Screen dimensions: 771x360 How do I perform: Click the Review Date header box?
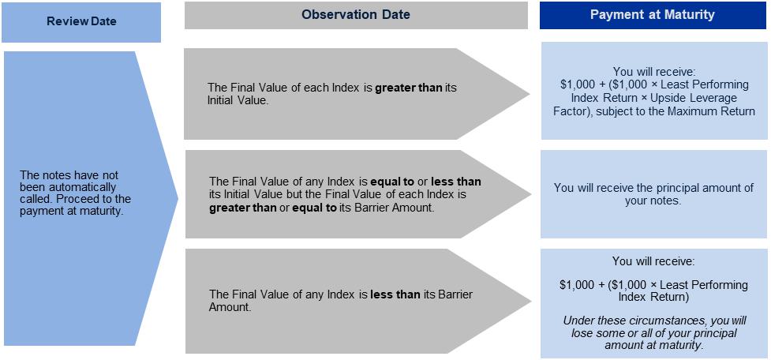(81, 22)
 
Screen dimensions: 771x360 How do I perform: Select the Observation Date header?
(356, 15)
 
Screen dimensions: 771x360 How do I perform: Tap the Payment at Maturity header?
(653, 15)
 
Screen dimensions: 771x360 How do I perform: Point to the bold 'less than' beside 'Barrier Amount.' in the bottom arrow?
(395, 294)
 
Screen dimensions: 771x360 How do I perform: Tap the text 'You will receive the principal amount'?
(653, 188)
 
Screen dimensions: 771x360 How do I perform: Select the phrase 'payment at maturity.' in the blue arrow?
(70, 212)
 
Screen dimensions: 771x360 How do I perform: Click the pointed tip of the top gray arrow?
(530, 93)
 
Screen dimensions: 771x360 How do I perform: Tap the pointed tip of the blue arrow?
(178, 199)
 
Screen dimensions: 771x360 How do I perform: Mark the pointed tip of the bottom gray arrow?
(531, 301)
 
